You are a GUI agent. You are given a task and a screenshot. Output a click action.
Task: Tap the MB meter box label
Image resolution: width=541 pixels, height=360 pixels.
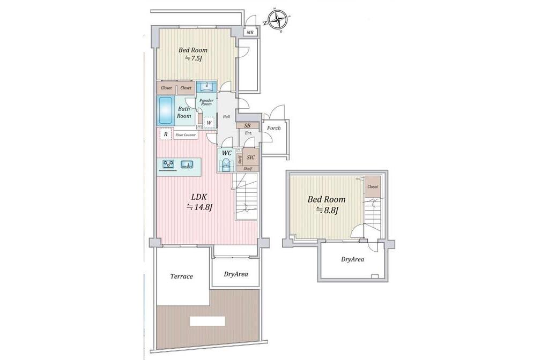tap(250, 33)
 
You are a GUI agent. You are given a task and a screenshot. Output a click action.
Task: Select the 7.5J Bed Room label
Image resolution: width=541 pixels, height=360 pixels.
tap(193, 54)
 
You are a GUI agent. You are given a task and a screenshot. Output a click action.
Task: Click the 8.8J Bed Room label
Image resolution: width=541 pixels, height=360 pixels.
tap(327, 205)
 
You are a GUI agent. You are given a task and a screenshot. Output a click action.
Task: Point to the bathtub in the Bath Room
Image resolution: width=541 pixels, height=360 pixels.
tap(166, 110)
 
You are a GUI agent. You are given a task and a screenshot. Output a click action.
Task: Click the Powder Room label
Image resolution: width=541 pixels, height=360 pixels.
tap(206, 102)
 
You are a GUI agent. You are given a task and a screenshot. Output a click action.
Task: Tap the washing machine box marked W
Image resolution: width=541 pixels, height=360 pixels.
tap(209, 123)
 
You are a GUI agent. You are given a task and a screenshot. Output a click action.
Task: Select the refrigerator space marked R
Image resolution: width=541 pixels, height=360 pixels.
tap(166, 134)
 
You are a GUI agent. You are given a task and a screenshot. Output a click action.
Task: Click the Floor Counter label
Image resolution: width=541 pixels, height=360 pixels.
tap(186, 135)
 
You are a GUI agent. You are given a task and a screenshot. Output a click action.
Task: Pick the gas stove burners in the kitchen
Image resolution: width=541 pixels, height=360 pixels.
tap(169, 164)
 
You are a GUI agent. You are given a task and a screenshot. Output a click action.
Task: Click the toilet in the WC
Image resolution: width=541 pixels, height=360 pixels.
tap(226, 164)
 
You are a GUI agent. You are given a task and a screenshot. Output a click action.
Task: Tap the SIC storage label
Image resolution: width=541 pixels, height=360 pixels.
tap(251, 157)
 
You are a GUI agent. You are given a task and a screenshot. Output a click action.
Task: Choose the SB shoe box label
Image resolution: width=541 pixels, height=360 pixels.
tap(247, 125)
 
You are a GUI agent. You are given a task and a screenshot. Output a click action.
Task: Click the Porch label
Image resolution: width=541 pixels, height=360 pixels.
tap(274, 128)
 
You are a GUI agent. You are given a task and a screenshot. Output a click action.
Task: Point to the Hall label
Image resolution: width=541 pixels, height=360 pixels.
tap(226, 117)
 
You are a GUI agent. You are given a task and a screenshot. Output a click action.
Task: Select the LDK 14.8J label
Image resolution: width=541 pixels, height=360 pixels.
tap(199, 202)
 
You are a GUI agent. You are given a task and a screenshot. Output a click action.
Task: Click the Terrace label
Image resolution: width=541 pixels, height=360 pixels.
tap(181, 276)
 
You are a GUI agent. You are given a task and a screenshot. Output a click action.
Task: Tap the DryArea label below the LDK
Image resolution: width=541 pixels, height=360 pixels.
tap(236, 274)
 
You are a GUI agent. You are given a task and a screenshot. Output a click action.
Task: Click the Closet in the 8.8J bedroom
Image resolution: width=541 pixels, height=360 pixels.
tap(373, 186)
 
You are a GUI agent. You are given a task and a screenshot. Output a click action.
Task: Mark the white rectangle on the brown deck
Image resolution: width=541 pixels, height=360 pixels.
tap(207, 321)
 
